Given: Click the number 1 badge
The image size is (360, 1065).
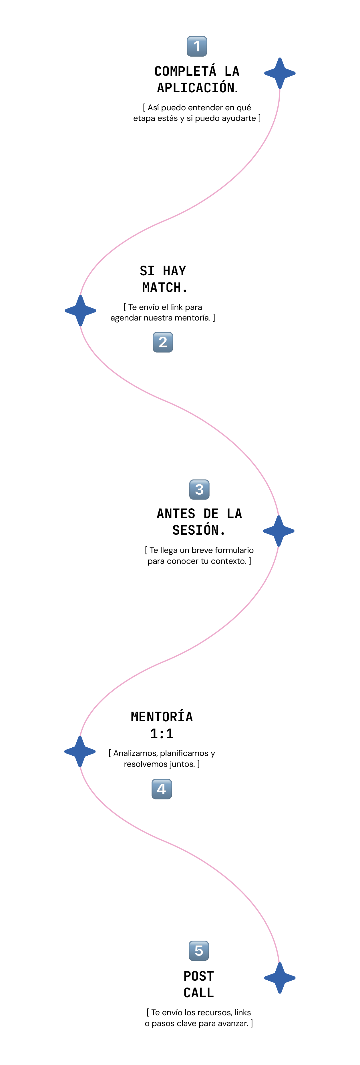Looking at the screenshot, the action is [x=197, y=46].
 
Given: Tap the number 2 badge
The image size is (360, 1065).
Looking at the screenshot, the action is [x=163, y=342].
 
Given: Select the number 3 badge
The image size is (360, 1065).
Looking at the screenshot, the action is [x=199, y=489].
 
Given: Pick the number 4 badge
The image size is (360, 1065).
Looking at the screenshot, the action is [x=162, y=789].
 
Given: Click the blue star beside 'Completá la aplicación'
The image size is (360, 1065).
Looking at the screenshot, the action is [x=280, y=73].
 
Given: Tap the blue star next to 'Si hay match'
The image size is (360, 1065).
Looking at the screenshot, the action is [x=81, y=310].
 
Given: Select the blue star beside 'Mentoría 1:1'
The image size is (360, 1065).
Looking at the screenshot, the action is [x=80, y=752].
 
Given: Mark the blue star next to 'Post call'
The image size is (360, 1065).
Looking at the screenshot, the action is [x=280, y=978].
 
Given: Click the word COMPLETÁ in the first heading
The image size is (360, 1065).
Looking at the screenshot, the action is [x=185, y=71].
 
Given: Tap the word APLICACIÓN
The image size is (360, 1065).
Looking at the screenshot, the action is [x=197, y=88].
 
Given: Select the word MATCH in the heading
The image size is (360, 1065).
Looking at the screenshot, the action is [x=164, y=287].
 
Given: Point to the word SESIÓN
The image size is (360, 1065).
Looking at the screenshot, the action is [x=198, y=530].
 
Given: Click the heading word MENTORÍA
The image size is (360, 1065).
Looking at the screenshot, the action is [x=162, y=717].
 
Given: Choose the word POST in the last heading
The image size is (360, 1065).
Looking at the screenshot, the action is [x=198, y=976].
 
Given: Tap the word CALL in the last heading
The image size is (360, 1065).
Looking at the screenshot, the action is [x=198, y=993].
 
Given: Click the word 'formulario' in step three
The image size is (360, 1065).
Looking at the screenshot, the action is [x=234, y=550].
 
